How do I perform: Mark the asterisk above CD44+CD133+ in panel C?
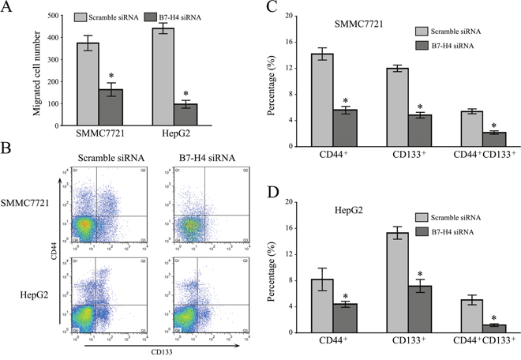point(494,126)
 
